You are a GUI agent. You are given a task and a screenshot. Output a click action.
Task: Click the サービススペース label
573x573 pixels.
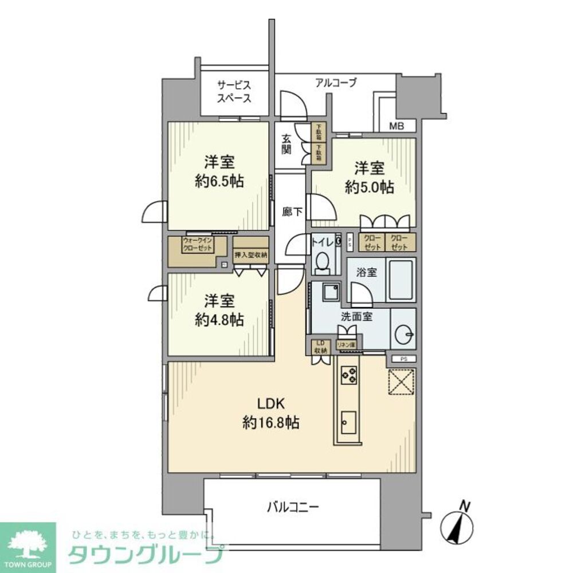[234, 92]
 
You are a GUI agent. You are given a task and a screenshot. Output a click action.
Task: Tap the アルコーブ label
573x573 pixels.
[336, 83]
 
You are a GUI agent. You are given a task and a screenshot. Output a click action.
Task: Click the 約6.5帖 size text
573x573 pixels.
[219, 182]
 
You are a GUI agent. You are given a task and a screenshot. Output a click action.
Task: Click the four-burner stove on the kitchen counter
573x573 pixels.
[349, 376]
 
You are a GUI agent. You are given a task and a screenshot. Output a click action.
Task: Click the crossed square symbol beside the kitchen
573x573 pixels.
[402, 382]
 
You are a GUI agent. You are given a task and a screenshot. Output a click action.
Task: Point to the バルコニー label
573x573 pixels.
[292, 507]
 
